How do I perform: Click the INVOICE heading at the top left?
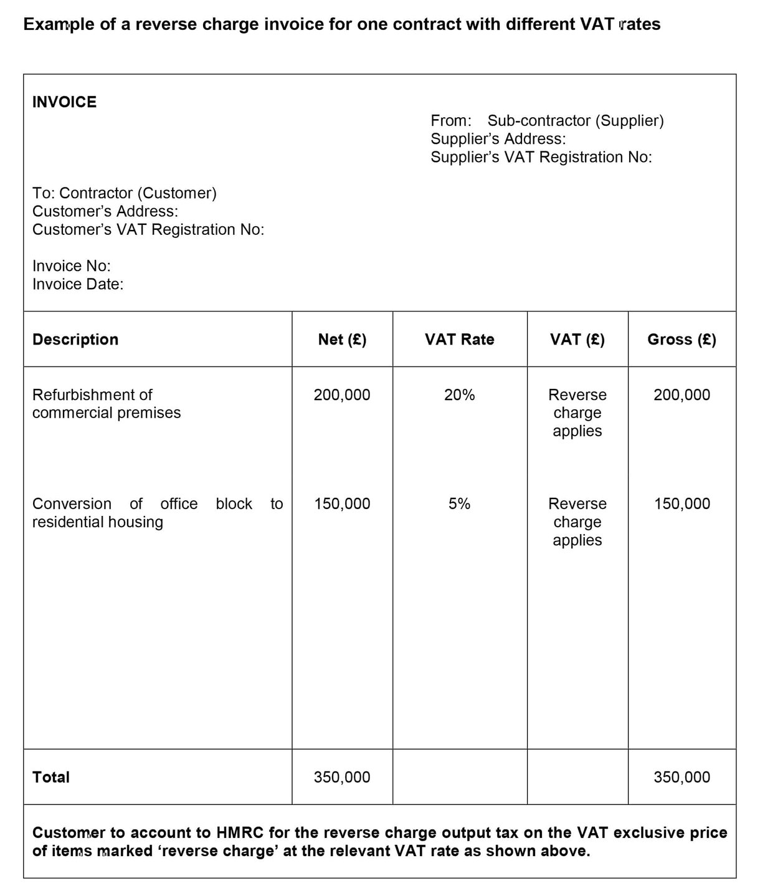pyautogui.click(x=64, y=102)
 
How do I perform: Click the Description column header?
pyautogui.click(x=75, y=340)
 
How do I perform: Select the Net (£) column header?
pyautogui.click(x=342, y=340)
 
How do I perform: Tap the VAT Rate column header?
pyautogui.click(x=459, y=340)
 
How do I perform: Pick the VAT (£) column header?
pyautogui.click(x=577, y=340)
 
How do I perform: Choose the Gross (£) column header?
pyautogui.click(x=682, y=340)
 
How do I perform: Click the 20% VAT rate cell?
pyautogui.click(x=459, y=395)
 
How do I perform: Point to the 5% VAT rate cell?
pyautogui.click(x=459, y=504)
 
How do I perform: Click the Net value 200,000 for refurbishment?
pyautogui.click(x=342, y=395)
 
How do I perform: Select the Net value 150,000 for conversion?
pyautogui.click(x=342, y=504)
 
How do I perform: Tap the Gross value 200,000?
pyautogui.click(x=682, y=395)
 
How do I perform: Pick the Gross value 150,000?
pyautogui.click(x=682, y=504)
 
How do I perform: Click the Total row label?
pyautogui.click(x=51, y=777)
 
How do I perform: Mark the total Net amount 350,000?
pyautogui.click(x=342, y=777)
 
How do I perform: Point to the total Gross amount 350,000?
pyautogui.click(x=682, y=777)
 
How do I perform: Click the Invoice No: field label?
pyautogui.click(x=72, y=266)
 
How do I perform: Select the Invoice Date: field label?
pyautogui.click(x=78, y=284)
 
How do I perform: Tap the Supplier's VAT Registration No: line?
pyautogui.click(x=541, y=157)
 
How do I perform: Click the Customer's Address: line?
pyautogui.click(x=105, y=211)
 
